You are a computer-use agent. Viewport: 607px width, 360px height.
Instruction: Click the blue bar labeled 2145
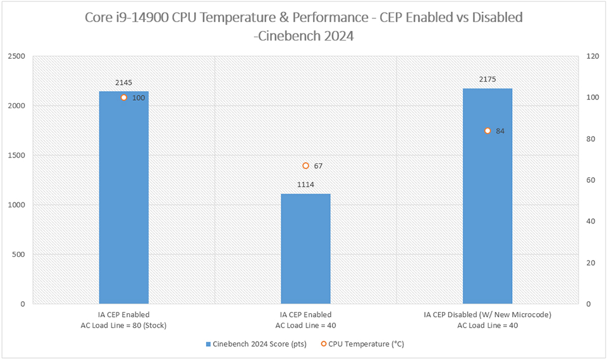pyautogui.click(x=124, y=202)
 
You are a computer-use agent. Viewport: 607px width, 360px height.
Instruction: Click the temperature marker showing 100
pyautogui.click(x=124, y=97)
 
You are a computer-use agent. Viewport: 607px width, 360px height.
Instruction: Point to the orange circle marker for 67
pyautogui.click(x=305, y=166)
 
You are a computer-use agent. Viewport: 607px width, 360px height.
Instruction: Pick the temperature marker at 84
pyautogui.click(x=487, y=131)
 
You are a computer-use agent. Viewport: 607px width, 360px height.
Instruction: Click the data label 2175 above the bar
pyautogui.click(x=487, y=80)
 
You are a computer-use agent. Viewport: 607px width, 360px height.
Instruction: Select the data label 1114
pyautogui.click(x=305, y=185)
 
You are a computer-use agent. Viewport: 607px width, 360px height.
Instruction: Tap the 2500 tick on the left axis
pyautogui.click(x=16, y=56)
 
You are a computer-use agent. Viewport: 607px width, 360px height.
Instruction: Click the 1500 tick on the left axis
pyautogui.click(x=16, y=156)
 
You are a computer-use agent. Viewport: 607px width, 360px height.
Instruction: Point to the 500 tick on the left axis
pyautogui.click(x=18, y=254)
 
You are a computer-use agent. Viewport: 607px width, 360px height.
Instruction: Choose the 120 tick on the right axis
pyautogui.click(x=592, y=56)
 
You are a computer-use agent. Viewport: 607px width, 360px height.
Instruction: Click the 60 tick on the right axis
pyautogui.click(x=591, y=180)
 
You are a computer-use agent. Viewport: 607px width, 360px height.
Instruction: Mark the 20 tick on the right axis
pyautogui.click(x=591, y=263)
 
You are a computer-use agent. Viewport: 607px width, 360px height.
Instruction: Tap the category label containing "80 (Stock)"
pyautogui.click(x=124, y=325)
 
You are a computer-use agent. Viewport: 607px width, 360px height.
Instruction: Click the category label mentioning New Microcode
pyautogui.click(x=487, y=314)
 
